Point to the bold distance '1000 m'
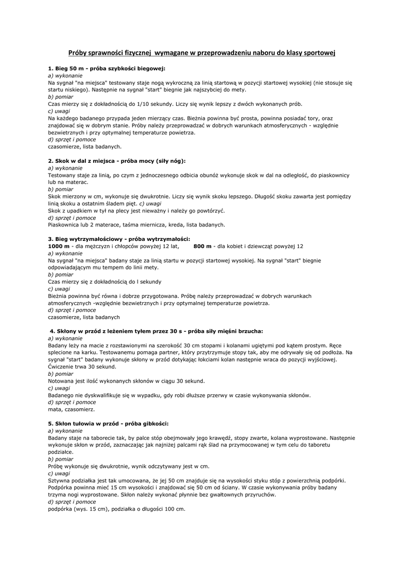(x=59, y=246)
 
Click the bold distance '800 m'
(x=202, y=246)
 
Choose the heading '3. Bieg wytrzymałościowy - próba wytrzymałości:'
(x=119, y=239)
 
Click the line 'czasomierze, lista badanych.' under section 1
(x=85, y=147)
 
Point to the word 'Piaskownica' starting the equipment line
(x=63, y=225)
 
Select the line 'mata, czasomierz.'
(x=71, y=409)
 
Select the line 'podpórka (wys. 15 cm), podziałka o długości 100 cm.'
(x=116, y=509)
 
